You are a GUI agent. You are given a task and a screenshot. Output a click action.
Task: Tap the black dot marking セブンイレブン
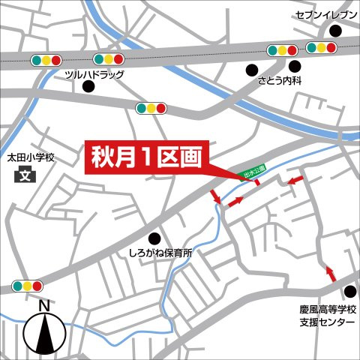[334, 31]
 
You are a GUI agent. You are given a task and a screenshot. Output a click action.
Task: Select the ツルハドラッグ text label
[94, 74]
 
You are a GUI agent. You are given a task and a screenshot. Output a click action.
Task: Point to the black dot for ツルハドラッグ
[88, 88]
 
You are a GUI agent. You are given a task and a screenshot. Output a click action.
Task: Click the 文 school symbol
[25, 177]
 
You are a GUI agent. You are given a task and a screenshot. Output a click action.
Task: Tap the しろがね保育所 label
[160, 253]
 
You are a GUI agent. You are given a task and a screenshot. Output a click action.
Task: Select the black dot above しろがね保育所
[155, 238]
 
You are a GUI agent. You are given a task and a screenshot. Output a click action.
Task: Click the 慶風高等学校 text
[323, 310]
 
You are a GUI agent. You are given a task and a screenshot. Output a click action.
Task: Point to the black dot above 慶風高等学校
[349, 292]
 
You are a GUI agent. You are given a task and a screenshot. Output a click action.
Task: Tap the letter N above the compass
[43, 305]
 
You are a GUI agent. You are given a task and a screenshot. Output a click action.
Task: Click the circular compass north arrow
[43, 331]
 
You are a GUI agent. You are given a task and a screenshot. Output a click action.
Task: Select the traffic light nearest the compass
[27, 286]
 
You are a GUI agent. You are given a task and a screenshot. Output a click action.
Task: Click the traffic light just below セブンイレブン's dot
[321, 48]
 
